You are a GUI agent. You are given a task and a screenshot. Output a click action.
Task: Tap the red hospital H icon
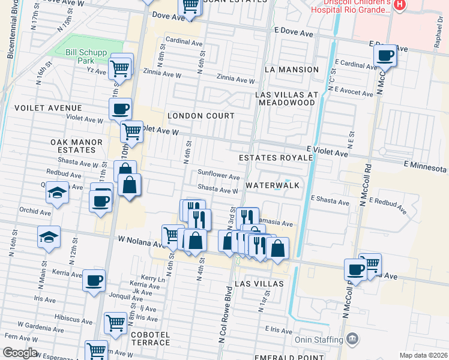[400, 5]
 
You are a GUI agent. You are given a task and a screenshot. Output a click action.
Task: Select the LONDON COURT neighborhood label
[200, 115]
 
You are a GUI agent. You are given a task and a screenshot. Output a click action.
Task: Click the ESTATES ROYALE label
[276, 158]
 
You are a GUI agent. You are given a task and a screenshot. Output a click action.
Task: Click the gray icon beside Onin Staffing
[352, 340]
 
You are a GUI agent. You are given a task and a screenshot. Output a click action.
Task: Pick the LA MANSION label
[291, 70]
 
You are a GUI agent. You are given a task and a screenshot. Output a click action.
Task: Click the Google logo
[20, 353]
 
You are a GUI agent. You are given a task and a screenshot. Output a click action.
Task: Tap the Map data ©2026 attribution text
[423, 355]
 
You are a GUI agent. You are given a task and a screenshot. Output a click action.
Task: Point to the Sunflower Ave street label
[219, 176]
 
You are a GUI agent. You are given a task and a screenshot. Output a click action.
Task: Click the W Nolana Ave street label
[140, 244]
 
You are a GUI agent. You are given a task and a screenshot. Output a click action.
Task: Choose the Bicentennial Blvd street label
[11, 30]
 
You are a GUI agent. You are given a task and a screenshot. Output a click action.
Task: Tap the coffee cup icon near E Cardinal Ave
[384, 56]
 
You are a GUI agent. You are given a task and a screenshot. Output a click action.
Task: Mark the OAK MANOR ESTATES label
[77, 146]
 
